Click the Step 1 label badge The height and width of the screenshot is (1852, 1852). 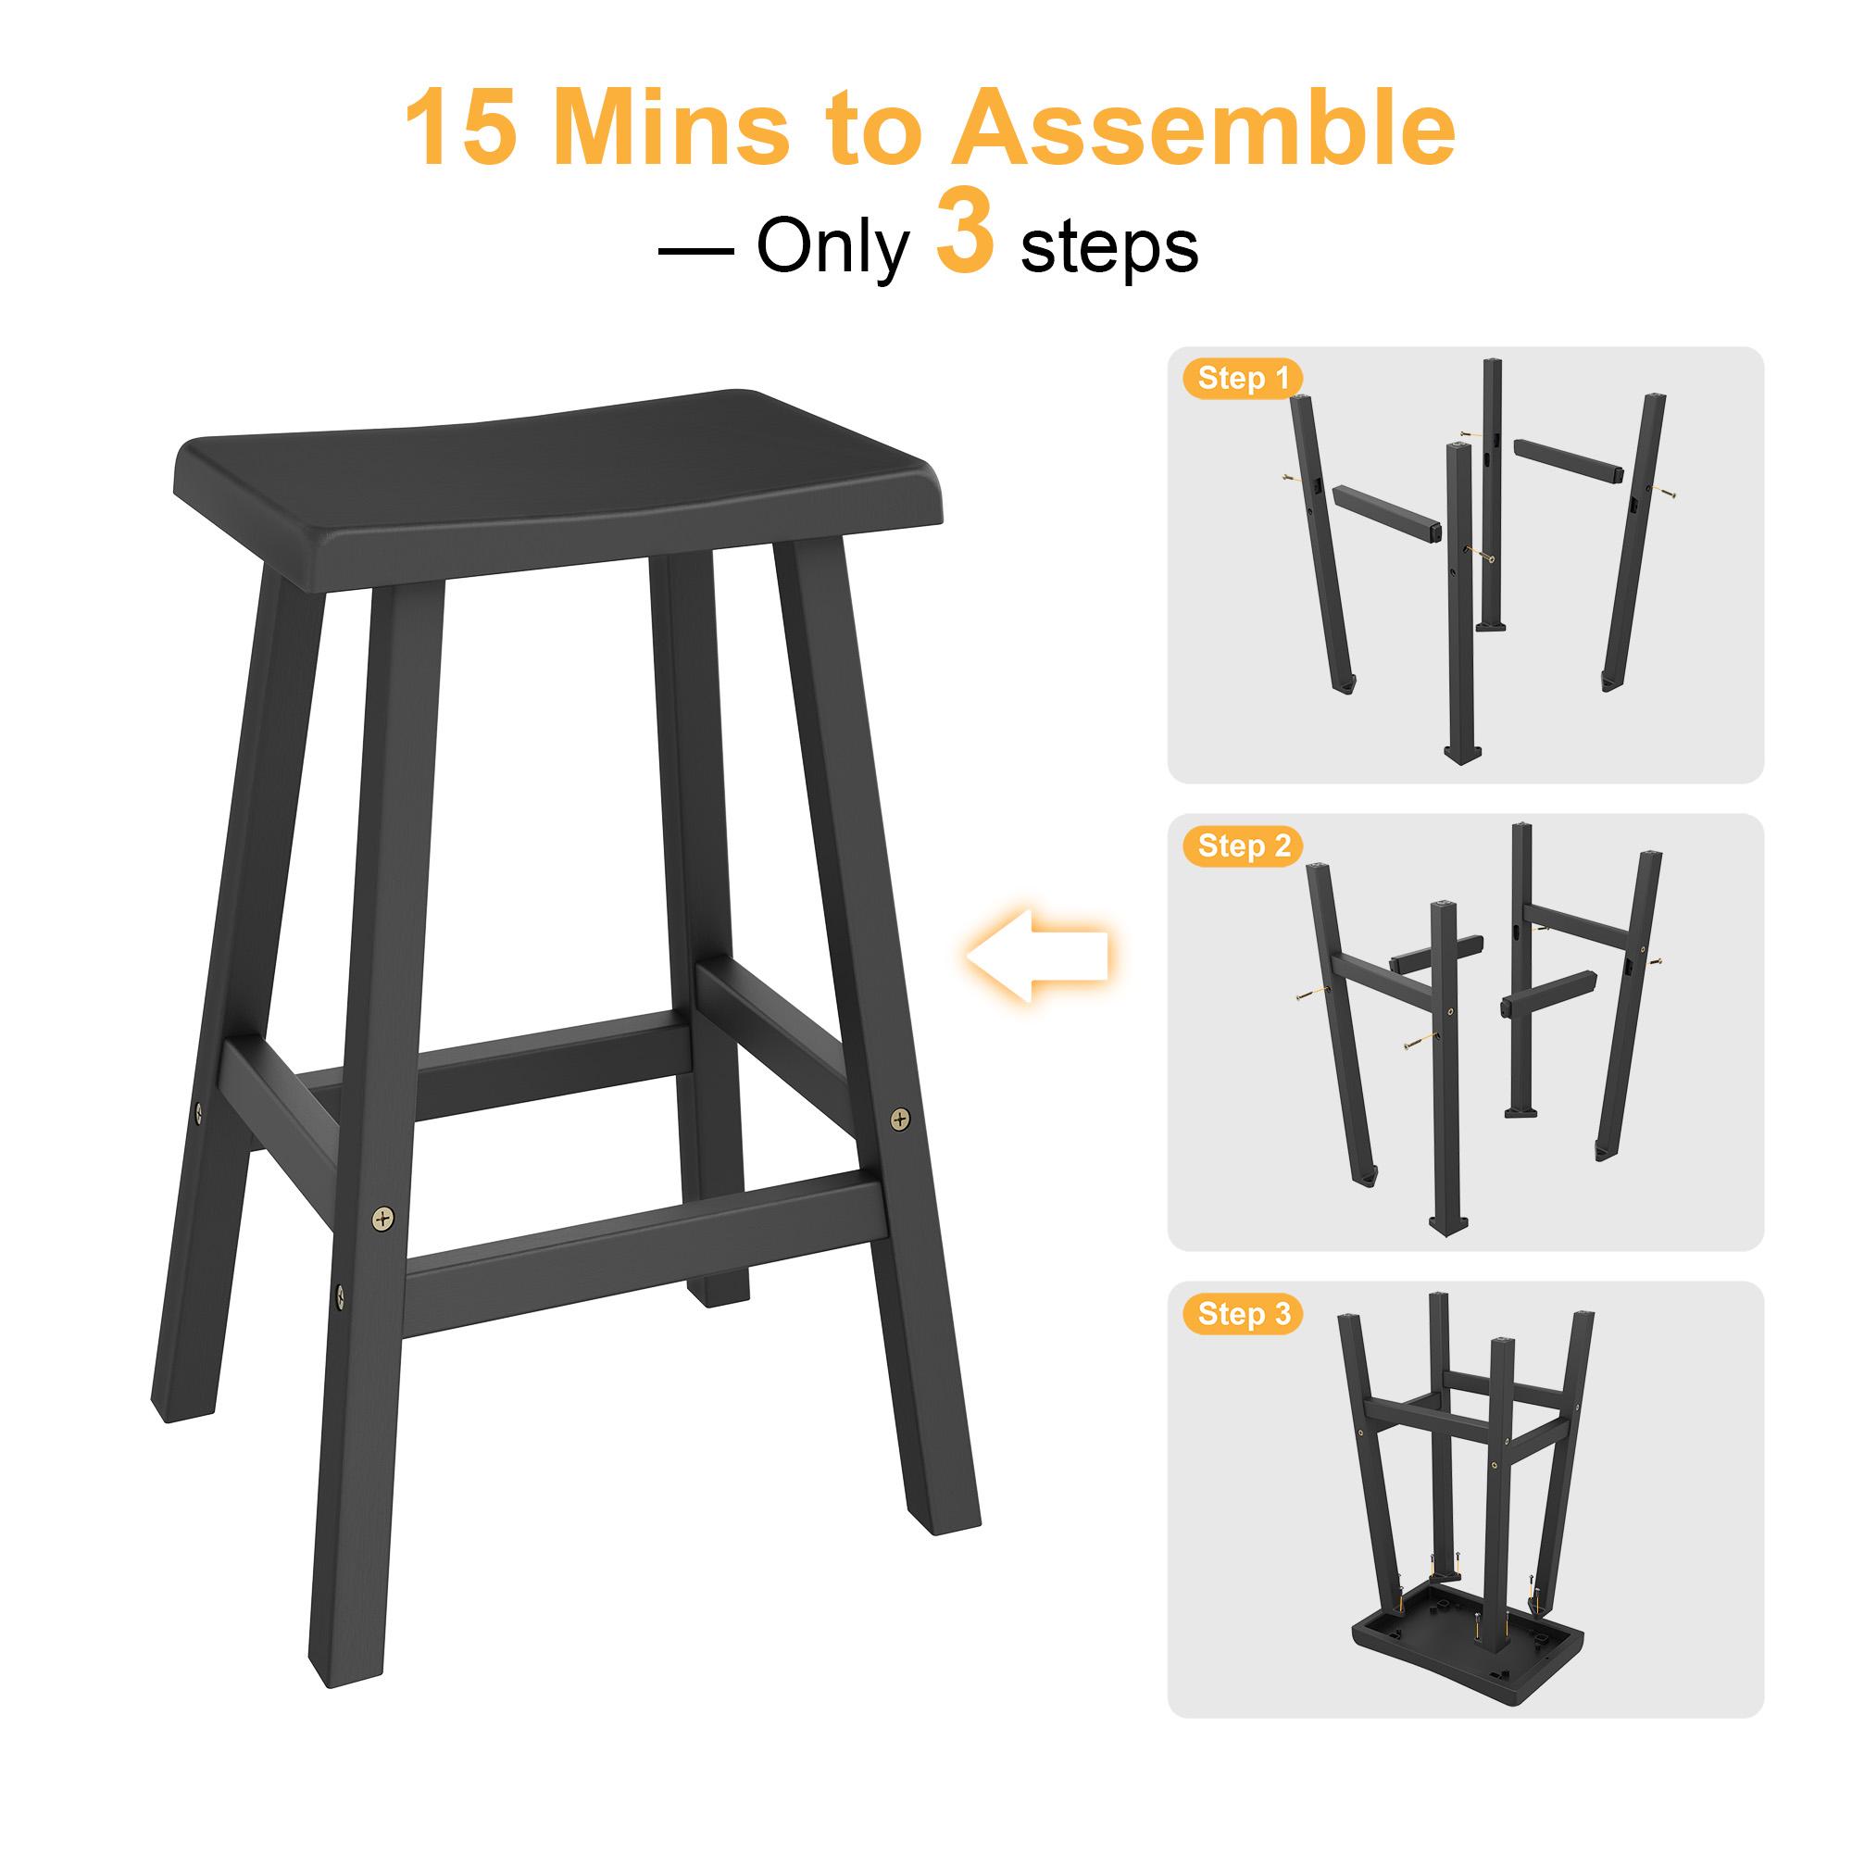click(1244, 379)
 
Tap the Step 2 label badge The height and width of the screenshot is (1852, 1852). click(1244, 846)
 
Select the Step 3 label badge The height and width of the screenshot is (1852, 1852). click(1244, 1314)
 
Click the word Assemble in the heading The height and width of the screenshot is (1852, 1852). click(1203, 129)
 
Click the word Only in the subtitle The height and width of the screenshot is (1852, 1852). click(832, 247)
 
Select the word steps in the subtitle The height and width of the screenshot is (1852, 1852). click(1109, 249)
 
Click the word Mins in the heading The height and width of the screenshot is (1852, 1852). click(671, 129)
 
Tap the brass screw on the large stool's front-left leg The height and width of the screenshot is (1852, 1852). click(383, 1220)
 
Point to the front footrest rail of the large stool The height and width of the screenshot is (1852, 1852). click(643, 1246)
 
